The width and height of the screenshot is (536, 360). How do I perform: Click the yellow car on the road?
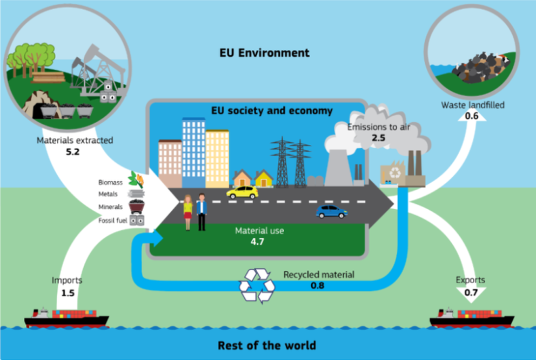[242, 192]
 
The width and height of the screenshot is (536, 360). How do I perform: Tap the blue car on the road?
[331, 211]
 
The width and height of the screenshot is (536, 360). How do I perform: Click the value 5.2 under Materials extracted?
[72, 152]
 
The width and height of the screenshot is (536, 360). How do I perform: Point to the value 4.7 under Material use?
[257, 242]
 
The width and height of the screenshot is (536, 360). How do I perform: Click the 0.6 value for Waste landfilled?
[472, 116]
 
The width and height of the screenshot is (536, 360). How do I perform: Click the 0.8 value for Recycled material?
[317, 285]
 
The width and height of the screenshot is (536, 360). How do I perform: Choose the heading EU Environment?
[264, 53]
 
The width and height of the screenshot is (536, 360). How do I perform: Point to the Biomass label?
[111, 183]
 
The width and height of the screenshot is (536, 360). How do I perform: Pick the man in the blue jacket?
[202, 211]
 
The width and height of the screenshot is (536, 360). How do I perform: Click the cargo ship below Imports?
[66, 318]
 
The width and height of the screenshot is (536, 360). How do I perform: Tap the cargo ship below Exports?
[471, 318]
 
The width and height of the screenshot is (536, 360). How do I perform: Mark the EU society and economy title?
[272, 111]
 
